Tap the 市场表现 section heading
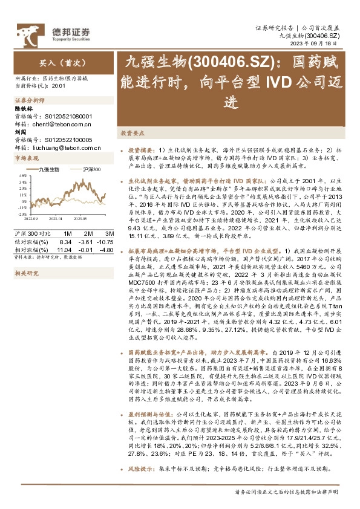coord(26,158)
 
